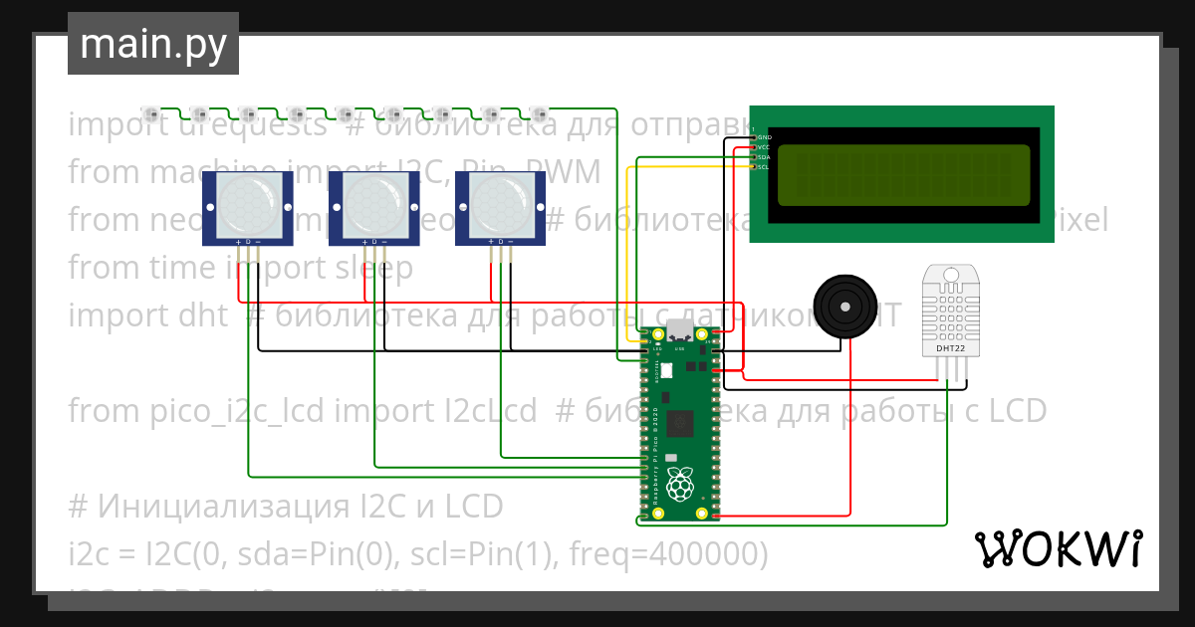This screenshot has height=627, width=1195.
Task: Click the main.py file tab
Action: coord(153,45)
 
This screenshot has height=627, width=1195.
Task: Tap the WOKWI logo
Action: coord(1058,548)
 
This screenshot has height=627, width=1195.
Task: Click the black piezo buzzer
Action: coord(845,307)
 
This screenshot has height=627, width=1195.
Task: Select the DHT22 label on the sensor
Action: coord(951,349)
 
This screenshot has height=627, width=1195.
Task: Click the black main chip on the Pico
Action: coord(682,421)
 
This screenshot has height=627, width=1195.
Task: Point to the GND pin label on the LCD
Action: coord(764,137)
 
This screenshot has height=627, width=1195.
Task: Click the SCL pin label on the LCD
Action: coord(764,167)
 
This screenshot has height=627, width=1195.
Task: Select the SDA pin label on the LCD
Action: coord(764,157)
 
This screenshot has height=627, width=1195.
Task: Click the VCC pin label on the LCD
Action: coord(764,147)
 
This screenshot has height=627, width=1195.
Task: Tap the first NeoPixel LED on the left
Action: coord(150,111)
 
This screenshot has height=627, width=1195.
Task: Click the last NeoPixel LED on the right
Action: coord(539,111)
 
